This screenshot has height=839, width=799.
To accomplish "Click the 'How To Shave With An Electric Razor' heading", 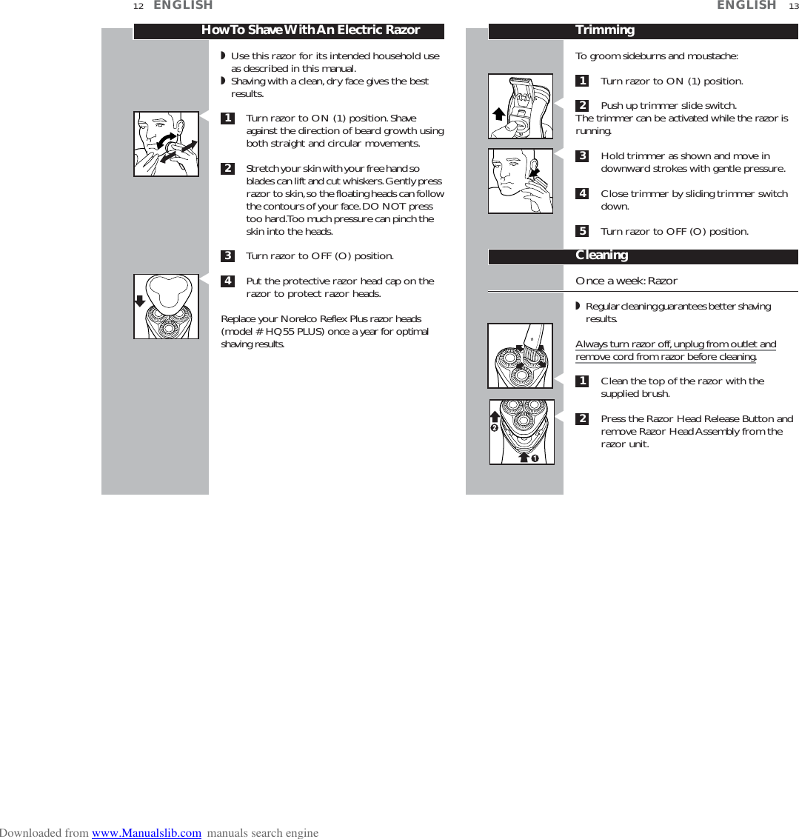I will point(310,30).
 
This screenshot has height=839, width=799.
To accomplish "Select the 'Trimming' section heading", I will point(605,30).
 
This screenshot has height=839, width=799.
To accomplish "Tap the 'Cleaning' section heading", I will point(601,255).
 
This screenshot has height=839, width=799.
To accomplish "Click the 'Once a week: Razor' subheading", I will point(626,281).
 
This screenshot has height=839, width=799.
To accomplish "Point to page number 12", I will point(138,7).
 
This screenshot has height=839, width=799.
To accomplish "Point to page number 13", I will point(793,7).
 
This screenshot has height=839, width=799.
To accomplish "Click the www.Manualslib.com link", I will point(146,833).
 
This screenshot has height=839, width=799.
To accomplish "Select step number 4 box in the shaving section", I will point(228,281).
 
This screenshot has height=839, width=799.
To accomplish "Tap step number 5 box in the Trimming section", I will point(583,232).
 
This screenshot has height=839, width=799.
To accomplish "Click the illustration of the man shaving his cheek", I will point(166,144).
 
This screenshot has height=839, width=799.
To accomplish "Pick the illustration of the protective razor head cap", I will point(166,307).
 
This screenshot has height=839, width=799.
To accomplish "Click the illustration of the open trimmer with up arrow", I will point(521,106).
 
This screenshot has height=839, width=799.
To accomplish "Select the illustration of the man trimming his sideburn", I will point(521,181).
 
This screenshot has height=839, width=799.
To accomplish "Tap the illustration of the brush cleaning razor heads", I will point(521,356).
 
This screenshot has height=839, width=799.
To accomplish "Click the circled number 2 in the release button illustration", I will point(493,429).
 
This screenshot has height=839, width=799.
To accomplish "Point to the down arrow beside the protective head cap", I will point(139,300).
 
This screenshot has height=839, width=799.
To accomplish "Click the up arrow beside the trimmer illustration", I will point(498,113).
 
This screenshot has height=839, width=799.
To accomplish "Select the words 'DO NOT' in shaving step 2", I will point(382,207).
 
